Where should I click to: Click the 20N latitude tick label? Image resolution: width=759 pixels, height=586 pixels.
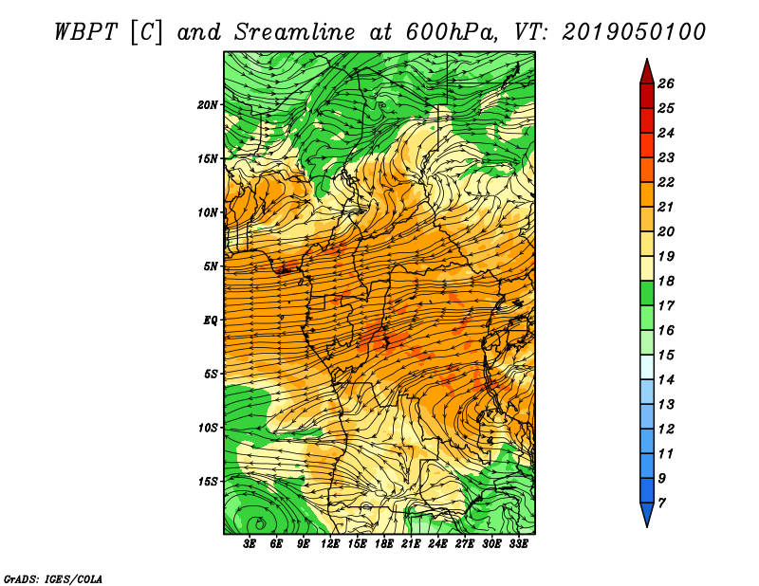208,105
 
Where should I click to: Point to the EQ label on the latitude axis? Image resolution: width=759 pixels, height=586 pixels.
210,320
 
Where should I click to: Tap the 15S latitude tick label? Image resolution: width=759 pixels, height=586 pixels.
208,482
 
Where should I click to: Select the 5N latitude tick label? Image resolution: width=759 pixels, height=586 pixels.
211,266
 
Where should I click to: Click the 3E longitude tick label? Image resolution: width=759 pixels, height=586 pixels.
250,543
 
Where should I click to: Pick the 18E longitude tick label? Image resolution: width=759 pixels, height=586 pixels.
384,543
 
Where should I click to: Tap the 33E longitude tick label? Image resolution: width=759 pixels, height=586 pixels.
518,543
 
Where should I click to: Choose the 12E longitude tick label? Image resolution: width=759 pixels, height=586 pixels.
330,543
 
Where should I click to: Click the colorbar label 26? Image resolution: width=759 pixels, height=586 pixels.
666,83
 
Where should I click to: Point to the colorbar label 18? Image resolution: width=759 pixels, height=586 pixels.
666,281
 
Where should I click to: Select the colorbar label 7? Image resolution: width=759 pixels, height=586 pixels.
661,504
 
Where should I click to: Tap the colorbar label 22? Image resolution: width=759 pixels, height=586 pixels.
666,182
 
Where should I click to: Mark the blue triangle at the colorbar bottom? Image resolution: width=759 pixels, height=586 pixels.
647,514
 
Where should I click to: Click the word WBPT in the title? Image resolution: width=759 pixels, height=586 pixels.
86,32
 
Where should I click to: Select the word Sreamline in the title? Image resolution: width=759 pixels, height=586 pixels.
295,32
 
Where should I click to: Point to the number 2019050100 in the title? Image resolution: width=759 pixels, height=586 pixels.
634,32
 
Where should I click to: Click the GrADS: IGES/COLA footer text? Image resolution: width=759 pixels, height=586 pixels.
53,579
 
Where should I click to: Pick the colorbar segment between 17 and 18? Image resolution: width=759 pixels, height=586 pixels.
647,293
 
